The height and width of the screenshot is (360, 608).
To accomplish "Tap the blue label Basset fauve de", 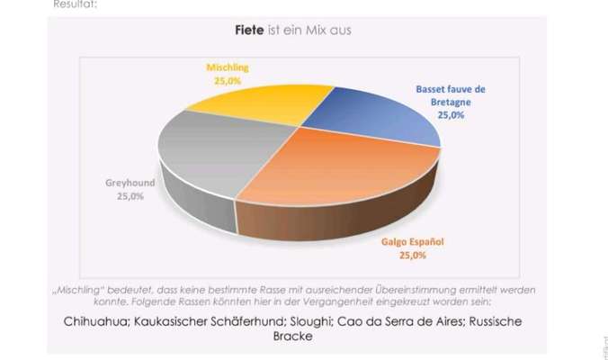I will [x=451, y=90].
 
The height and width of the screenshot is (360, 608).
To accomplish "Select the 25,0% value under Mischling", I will [x=227, y=80].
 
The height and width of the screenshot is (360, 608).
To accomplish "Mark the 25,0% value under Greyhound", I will [x=130, y=196].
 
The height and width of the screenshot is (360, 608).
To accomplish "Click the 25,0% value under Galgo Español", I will [x=413, y=256].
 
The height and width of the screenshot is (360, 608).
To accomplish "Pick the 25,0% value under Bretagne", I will [x=451, y=115].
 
